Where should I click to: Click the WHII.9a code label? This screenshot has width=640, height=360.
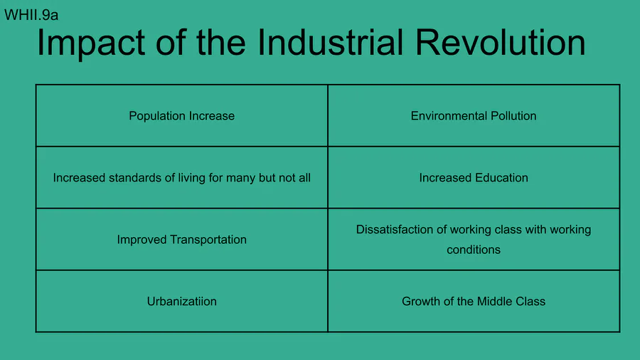point(31,15)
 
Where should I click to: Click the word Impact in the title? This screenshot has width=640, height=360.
point(90,43)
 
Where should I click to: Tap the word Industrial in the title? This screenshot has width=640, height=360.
point(330,43)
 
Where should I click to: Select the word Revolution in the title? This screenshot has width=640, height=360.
point(500,43)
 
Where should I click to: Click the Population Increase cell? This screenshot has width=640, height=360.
point(181,116)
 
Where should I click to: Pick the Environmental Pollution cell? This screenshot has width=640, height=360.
point(474,116)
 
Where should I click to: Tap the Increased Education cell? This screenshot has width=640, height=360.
point(474,178)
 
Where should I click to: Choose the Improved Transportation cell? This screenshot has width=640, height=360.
point(181,240)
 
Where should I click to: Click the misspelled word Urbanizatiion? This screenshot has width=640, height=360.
point(181,301)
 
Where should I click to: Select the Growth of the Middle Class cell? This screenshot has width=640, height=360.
point(474,301)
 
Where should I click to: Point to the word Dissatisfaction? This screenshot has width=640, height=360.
point(395,229)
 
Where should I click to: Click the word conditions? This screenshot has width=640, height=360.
point(474,250)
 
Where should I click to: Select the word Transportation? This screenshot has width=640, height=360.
point(208,240)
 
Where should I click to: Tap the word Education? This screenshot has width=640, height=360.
point(501,178)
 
